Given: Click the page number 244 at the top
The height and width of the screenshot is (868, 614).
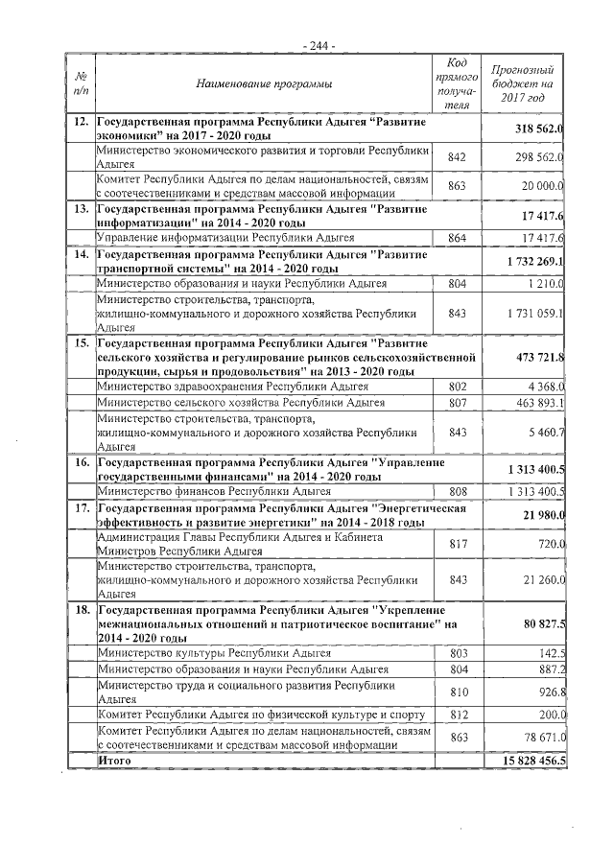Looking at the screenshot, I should point(318,46).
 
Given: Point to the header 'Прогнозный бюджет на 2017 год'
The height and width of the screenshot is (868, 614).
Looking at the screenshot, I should point(523,84).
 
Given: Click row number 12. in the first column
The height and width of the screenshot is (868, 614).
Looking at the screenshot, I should point(82,124).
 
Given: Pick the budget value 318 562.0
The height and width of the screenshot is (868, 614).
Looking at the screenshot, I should point(540,129).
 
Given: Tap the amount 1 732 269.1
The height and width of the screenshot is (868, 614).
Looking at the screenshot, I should point(534,262).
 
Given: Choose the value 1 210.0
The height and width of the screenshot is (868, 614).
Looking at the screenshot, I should point(544,284).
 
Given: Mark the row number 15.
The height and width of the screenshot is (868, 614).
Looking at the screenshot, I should point(82,342).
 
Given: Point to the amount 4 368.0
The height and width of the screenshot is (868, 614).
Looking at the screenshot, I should point(543,387).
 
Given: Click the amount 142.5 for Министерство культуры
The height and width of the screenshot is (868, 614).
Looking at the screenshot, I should point(549,653).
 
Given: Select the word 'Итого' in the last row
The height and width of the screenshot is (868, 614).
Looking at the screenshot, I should point(115,760).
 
